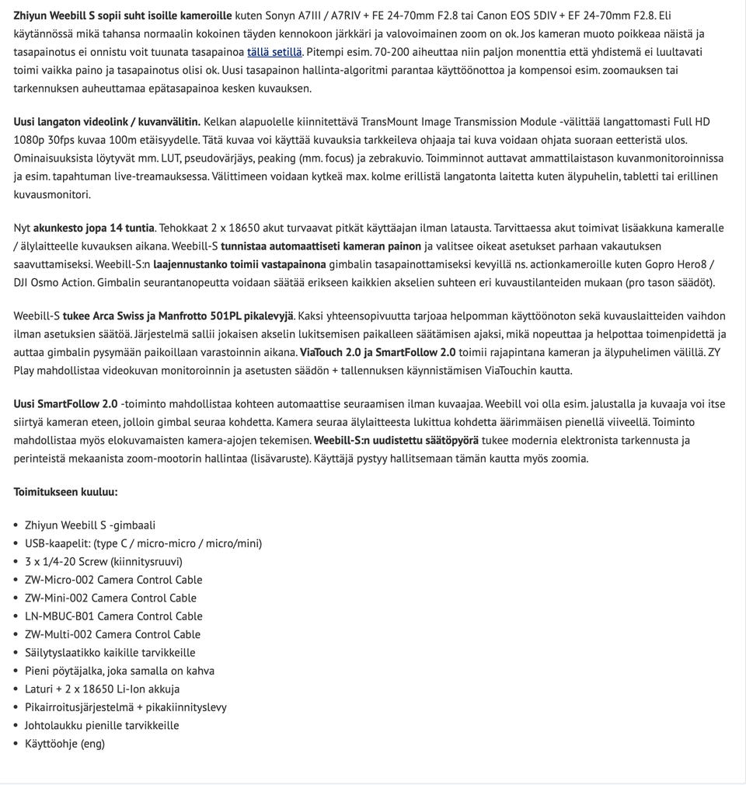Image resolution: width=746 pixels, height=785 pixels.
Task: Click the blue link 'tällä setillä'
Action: tap(274, 52)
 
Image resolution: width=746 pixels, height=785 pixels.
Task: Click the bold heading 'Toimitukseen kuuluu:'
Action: tap(65, 492)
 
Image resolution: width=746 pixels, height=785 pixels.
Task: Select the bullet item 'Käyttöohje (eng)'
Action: tap(64, 744)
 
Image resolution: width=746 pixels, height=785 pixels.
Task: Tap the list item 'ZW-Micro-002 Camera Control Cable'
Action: tap(113, 580)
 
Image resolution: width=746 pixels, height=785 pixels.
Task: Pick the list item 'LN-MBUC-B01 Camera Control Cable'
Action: tap(113, 616)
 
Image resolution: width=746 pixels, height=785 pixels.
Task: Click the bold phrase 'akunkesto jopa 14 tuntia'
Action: tap(94, 228)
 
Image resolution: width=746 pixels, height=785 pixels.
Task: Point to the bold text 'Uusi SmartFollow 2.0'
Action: tap(65, 404)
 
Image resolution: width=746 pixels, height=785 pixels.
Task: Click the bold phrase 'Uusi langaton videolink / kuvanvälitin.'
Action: tap(106, 122)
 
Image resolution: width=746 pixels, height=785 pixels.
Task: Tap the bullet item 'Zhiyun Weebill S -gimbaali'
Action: tap(90, 525)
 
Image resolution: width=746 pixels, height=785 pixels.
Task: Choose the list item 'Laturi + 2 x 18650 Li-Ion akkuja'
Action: tap(103, 689)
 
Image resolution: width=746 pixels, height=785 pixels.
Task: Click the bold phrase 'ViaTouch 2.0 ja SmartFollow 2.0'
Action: tap(378, 352)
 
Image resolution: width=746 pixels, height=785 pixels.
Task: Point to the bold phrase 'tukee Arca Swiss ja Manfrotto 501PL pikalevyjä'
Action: tap(178, 316)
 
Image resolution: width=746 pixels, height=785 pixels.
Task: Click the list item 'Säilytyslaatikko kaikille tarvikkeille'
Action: tap(110, 653)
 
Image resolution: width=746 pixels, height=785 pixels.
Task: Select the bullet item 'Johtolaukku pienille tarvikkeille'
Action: tap(102, 725)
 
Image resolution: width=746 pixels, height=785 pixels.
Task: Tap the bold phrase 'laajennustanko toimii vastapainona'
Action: tap(239, 264)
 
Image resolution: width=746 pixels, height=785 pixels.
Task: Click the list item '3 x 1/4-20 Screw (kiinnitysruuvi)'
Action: tap(103, 562)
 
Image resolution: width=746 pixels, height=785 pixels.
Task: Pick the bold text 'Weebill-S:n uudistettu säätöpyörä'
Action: tap(396, 440)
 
